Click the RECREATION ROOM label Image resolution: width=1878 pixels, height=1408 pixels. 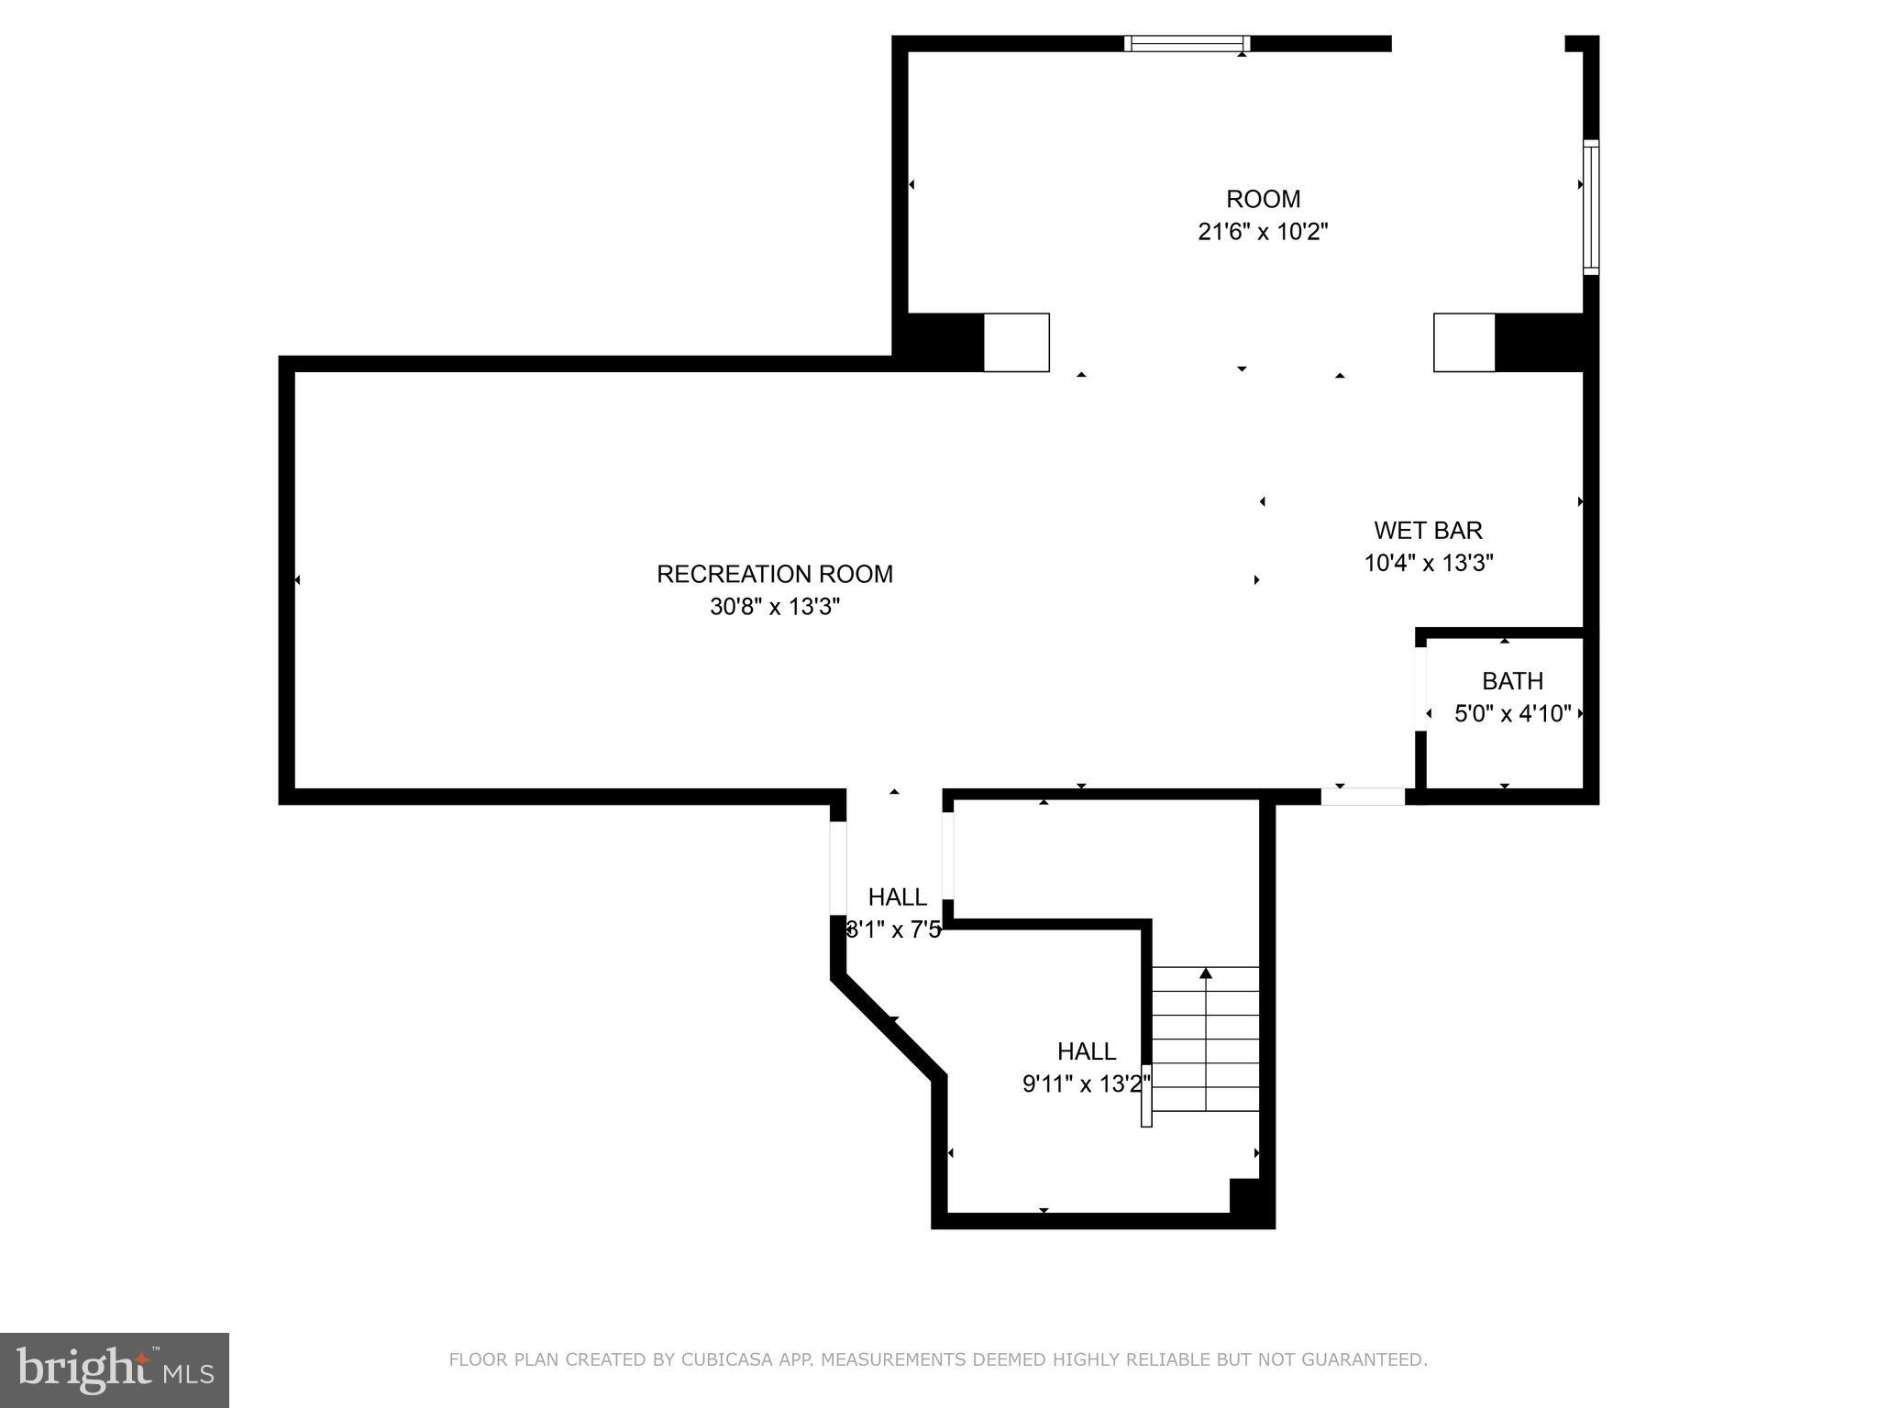774,574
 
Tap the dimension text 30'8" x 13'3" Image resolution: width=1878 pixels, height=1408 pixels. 774,607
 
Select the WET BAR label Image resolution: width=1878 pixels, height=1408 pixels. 1428,530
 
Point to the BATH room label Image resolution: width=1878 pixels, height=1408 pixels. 1512,681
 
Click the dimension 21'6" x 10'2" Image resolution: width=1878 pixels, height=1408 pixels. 1263,232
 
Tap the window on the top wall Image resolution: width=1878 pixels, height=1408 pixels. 1187,43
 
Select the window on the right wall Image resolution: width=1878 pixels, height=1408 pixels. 1591,207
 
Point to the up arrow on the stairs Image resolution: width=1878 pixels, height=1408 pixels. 1206,973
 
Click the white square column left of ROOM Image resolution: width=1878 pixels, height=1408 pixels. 1016,343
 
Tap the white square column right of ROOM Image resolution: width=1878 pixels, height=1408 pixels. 1464,343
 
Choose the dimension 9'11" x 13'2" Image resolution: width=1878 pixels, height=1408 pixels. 1086,1084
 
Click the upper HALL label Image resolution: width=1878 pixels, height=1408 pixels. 897,896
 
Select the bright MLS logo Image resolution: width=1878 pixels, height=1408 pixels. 115,1369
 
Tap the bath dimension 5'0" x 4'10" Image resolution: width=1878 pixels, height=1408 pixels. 1512,713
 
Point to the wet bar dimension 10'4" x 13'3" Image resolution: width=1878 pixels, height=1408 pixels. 1428,563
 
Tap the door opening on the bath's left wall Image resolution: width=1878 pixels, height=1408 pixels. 1420,688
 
